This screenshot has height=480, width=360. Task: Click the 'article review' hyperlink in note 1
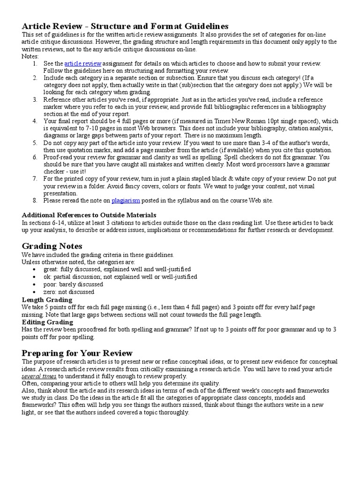[x=82, y=63]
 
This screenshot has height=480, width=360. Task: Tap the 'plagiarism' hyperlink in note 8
[x=126, y=201]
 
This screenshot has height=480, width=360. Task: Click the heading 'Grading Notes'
[x=52, y=246]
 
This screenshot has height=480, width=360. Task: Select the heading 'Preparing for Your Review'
[x=77, y=353]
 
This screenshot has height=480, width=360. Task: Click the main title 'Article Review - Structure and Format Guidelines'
[x=125, y=26]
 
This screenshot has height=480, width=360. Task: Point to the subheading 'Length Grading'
[x=47, y=300]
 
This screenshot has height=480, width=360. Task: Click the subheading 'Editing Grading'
[x=47, y=322]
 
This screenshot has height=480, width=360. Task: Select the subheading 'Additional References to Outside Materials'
[x=89, y=215]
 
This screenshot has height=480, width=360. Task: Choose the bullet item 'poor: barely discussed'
[x=73, y=284]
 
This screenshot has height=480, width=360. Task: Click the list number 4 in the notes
[x=35, y=121]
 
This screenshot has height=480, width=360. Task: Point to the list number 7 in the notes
[x=35, y=179]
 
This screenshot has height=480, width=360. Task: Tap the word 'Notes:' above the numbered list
[x=30, y=56]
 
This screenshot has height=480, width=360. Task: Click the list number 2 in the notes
[x=35, y=78]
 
